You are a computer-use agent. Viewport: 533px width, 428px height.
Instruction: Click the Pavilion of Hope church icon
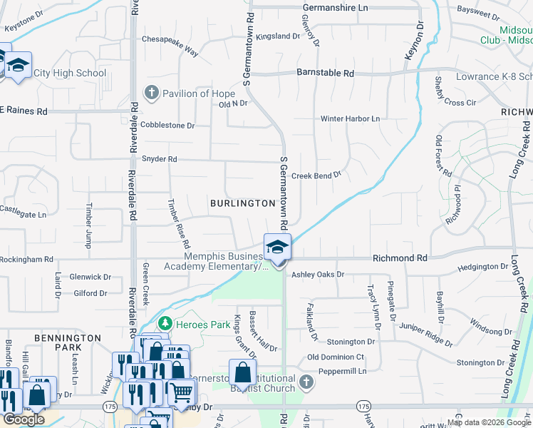(151, 93)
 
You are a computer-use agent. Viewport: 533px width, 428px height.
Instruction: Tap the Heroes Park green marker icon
(165, 325)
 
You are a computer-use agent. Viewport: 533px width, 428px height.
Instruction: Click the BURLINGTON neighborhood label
(242, 203)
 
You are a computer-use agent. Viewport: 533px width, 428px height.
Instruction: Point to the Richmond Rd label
(399, 258)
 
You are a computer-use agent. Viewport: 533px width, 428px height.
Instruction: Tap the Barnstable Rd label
(325, 73)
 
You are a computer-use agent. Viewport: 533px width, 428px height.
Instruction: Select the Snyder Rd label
(159, 159)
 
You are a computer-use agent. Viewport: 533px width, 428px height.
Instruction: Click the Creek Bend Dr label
(316, 175)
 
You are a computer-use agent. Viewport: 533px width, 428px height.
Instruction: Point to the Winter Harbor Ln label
(350, 118)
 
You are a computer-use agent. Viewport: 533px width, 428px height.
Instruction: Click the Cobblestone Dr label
(167, 125)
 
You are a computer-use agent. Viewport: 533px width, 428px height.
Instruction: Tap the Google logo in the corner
(24, 419)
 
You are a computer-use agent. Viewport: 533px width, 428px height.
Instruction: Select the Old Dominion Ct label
(336, 357)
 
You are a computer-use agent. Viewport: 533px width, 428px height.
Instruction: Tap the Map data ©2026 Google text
(489, 422)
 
